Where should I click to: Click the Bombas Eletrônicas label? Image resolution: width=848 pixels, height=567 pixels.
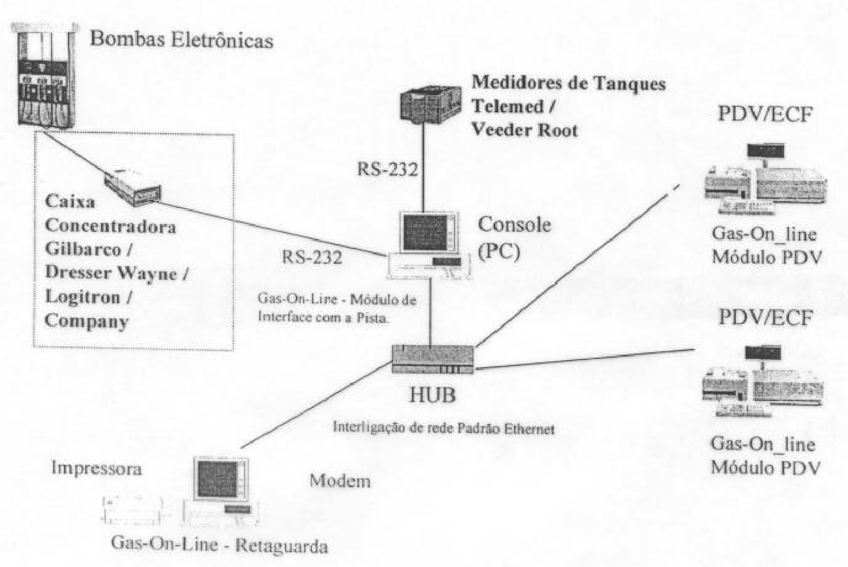[181, 40]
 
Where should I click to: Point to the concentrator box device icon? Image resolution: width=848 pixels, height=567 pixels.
[132, 187]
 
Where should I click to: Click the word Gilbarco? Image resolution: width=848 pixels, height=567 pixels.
[83, 249]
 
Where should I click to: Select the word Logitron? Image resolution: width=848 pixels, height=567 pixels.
[83, 297]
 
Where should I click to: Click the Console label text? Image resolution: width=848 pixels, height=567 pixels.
[514, 225]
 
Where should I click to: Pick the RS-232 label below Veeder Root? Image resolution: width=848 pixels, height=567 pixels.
[387, 169]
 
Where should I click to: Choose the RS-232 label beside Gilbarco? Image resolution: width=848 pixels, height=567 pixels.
[312, 257]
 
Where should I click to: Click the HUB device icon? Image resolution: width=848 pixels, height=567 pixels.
[433, 359]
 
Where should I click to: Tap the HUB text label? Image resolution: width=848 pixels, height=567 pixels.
[433, 395]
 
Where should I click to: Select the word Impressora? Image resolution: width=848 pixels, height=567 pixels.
[96, 468]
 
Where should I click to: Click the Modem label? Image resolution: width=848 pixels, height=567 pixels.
[340, 481]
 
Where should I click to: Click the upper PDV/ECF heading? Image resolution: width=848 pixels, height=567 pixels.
[765, 114]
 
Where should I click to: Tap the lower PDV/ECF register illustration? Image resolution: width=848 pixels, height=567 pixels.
[762, 381]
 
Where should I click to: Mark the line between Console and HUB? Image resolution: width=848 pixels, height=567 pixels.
[430, 313]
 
